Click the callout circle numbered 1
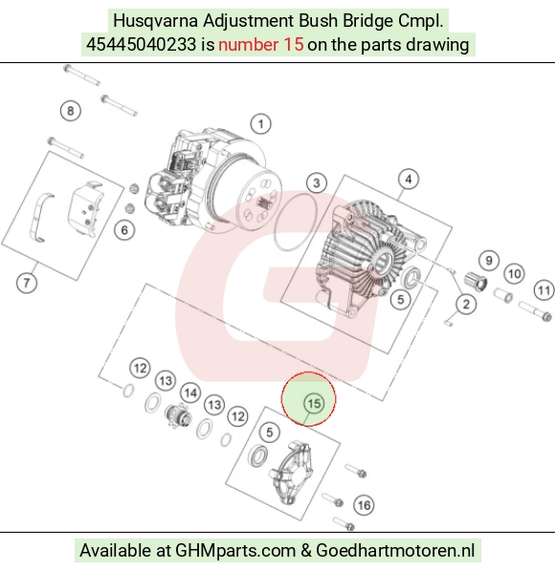point(260,124)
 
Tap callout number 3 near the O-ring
point(317,183)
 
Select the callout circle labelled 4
point(409,179)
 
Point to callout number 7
point(27,283)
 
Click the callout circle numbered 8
point(70,111)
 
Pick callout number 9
point(489,261)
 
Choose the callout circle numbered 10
point(514,274)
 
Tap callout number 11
point(544,291)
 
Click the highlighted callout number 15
point(314,404)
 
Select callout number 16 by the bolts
point(364,505)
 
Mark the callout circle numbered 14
point(190,393)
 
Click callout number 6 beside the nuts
point(124,231)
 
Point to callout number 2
point(466,304)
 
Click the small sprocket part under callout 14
point(177,416)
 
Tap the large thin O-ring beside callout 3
point(295,222)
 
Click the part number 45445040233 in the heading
point(141,45)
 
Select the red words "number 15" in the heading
point(261,45)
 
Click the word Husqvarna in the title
point(156,21)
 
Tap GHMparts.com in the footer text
point(235,550)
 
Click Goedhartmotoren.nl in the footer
point(395,550)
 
